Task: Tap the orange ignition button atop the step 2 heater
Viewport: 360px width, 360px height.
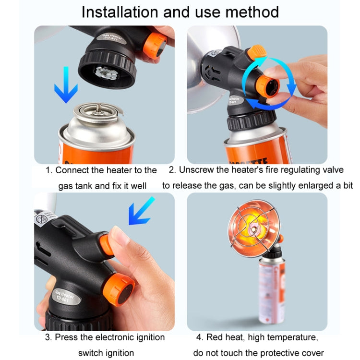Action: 258,51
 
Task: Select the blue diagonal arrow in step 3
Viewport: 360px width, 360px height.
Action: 141,211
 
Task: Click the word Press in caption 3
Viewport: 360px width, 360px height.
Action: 66,337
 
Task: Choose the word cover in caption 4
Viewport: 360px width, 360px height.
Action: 313,353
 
